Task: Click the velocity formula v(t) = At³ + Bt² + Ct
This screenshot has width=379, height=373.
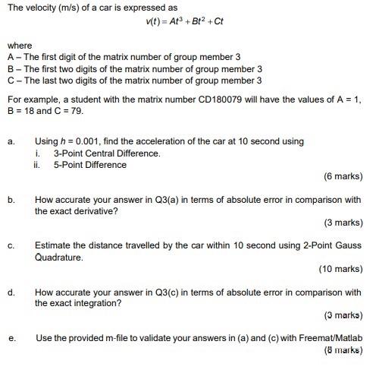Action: coord(185,22)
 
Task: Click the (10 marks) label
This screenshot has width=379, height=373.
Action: coord(340,268)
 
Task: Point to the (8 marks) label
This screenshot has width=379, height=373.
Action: coord(343,351)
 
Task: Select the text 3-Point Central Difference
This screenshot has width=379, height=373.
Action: coord(107,153)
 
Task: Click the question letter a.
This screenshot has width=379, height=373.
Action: coord(11,141)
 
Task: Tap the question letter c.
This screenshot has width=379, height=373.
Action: coord(11,246)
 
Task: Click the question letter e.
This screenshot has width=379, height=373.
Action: coord(11,339)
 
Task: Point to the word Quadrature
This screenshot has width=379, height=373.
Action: coord(59,258)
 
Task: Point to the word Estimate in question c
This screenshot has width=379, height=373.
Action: coord(53,246)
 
